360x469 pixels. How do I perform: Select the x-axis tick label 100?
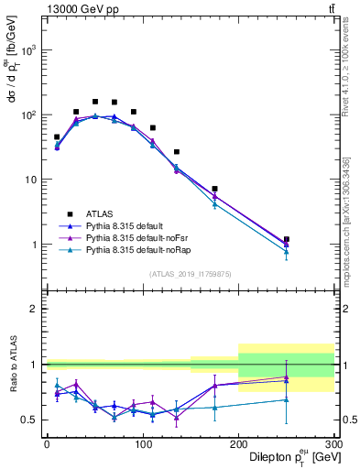pos(142,443)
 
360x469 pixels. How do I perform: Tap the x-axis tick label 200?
pos(238,443)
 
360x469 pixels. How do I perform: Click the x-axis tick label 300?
pos(333,443)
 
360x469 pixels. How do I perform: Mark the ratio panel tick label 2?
pos(32,309)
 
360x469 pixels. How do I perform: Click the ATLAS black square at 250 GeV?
pos(287,239)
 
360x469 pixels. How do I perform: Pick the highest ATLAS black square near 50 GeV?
pos(94,102)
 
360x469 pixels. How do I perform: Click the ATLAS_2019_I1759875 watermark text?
pos(189,274)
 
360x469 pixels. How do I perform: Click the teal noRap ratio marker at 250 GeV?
pos(287,399)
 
